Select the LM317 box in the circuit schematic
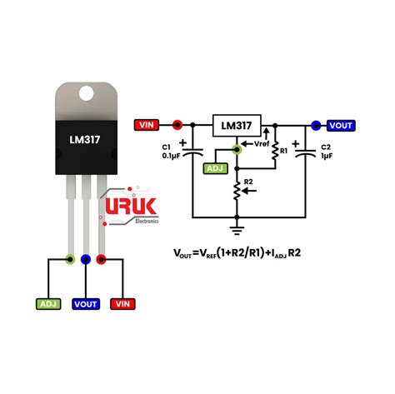click(237, 126)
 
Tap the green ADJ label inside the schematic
click(215, 169)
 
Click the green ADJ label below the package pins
click(50, 303)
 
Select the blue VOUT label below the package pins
click(85, 303)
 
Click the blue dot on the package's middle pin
click(85, 260)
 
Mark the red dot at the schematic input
click(177, 126)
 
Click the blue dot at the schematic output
click(315, 126)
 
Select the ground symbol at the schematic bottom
click(237, 222)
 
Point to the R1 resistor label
click(284, 152)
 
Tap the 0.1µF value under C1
click(172, 156)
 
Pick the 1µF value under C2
click(326, 156)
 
